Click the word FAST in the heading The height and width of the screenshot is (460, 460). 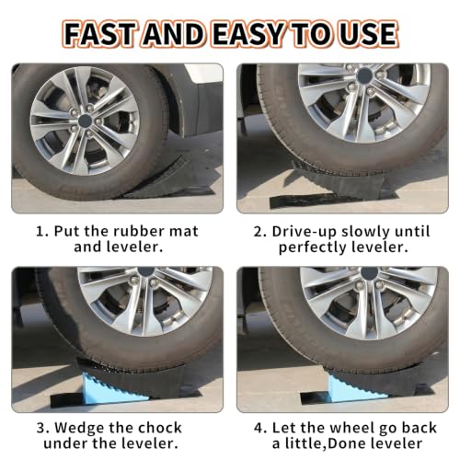(x=100, y=34)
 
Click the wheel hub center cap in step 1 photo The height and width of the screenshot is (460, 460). (x=85, y=121)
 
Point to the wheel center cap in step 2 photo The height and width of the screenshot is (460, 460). (x=364, y=75)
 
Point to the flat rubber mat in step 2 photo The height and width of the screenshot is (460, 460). (x=310, y=201)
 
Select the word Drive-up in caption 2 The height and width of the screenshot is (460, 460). (x=304, y=232)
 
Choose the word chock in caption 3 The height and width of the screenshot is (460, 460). (x=159, y=428)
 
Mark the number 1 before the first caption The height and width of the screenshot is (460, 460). (x=40, y=232)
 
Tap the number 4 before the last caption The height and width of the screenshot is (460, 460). (x=259, y=428)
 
